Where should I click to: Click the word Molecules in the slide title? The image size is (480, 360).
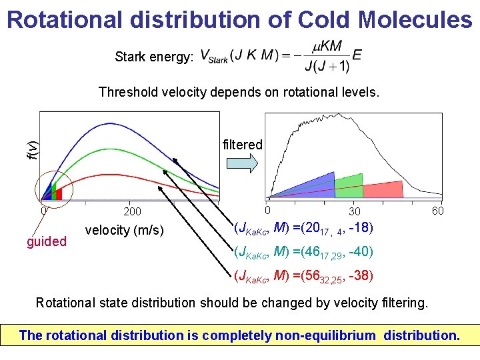coord(415,19)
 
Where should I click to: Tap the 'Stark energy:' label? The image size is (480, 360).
coord(153,57)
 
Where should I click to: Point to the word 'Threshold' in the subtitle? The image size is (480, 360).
coord(127,92)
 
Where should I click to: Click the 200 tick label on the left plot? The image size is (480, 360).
coord(132,212)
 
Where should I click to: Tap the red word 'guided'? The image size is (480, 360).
coord(47,241)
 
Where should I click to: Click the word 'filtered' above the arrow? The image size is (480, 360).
coord(242,145)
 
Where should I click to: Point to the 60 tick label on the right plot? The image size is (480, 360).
coord(438,211)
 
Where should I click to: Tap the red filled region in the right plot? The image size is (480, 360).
coord(381,190)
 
